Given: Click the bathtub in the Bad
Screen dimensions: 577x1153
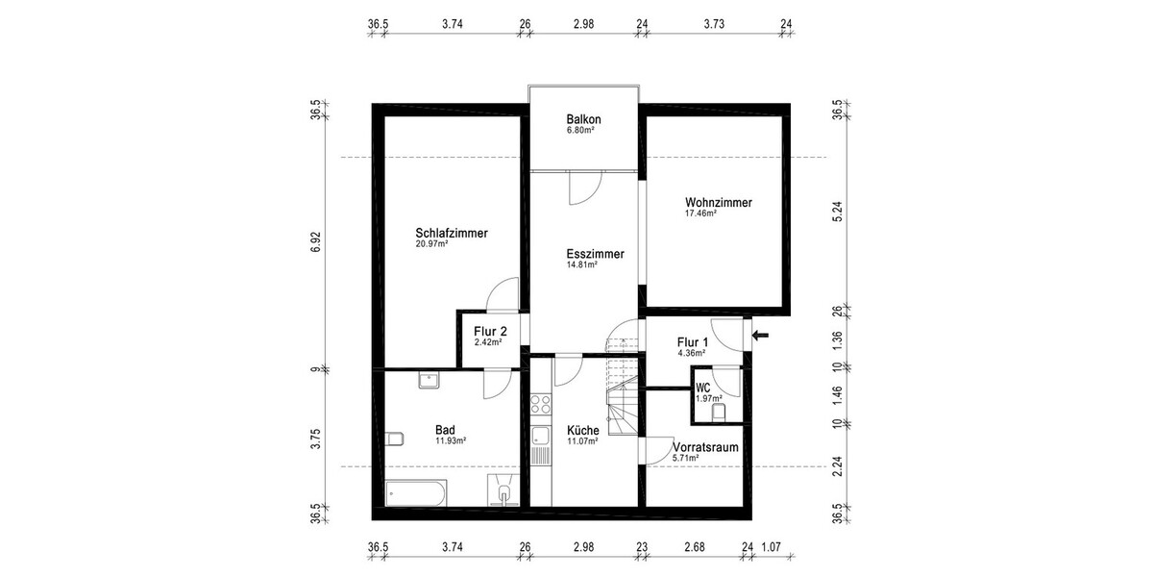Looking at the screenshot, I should click(415, 494).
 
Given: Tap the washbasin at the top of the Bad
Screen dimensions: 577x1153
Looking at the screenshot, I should click(428, 381).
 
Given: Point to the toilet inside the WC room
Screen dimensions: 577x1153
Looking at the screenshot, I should click(718, 413).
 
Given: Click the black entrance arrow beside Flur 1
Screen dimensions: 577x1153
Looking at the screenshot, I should click(762, 336).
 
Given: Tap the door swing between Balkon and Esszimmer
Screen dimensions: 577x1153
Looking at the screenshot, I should click(583, 188).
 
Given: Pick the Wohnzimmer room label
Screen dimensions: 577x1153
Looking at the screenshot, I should click(718, 203).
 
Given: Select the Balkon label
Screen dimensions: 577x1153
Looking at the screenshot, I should click(583, 118).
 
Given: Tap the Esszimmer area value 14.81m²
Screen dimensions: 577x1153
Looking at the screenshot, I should click(582, 264).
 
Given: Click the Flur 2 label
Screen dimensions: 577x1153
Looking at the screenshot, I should click(490, 332).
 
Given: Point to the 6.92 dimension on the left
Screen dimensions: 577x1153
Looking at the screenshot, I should click(315, 243).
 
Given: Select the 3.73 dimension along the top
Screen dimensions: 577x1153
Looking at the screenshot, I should click(714, 26).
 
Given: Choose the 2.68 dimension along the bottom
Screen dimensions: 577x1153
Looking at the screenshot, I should click(694, 548).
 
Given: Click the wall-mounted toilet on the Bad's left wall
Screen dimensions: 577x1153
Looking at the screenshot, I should click(393, 439).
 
